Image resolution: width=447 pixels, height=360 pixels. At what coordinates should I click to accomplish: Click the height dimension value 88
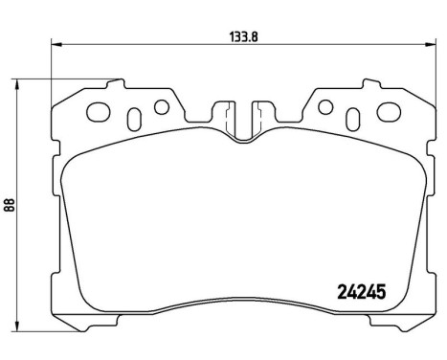pyautogui.click(x=9, y=205)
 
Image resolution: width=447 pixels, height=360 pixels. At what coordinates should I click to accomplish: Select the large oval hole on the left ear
pyautogui.click(x=98, y=112)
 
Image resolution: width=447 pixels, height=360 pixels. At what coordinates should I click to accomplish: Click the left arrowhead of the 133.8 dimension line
pyautogui.click(x=55, y=43)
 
